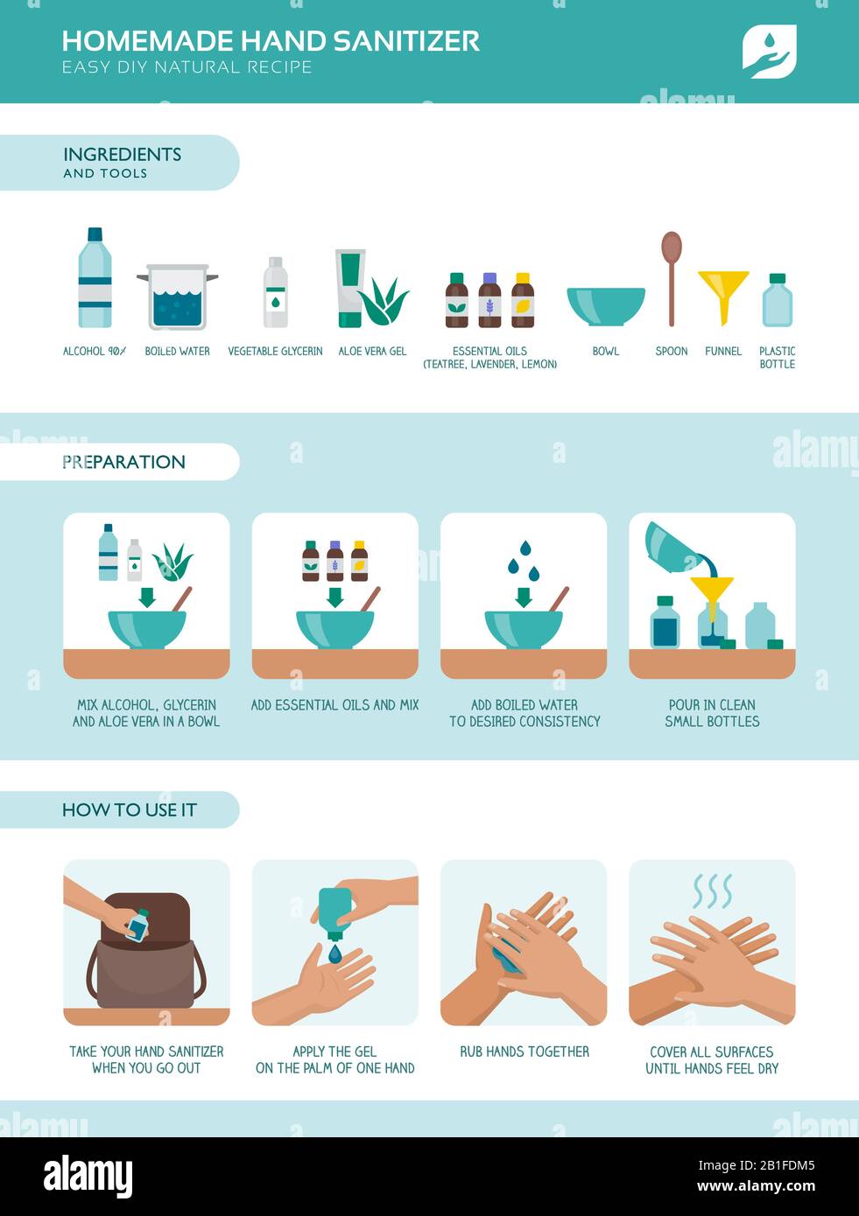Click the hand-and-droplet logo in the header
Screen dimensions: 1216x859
coord(769,51)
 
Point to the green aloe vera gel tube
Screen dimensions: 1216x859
coord(350,287)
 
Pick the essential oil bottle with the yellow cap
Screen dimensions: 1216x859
coord(523,301)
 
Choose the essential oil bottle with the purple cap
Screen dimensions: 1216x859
coord(489,301)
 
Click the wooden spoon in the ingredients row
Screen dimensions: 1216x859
coord(672,276)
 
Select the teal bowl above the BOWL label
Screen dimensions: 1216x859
coord(606,305)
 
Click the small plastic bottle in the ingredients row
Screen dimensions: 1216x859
coord(777,301)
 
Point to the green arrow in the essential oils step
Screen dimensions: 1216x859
coord(334,596)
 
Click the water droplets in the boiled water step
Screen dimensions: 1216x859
coord(524,561)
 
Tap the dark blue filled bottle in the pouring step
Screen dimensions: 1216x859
coord(665,623)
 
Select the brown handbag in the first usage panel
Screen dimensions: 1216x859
coord(146,958)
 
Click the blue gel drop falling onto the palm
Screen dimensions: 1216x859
coord(335,954)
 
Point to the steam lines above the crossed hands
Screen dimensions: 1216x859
coord(712,891)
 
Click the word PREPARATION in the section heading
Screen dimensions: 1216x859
coord(123,462)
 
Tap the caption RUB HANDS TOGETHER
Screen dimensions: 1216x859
coord(525,1052)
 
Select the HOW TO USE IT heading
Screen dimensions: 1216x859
coord(129,810)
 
